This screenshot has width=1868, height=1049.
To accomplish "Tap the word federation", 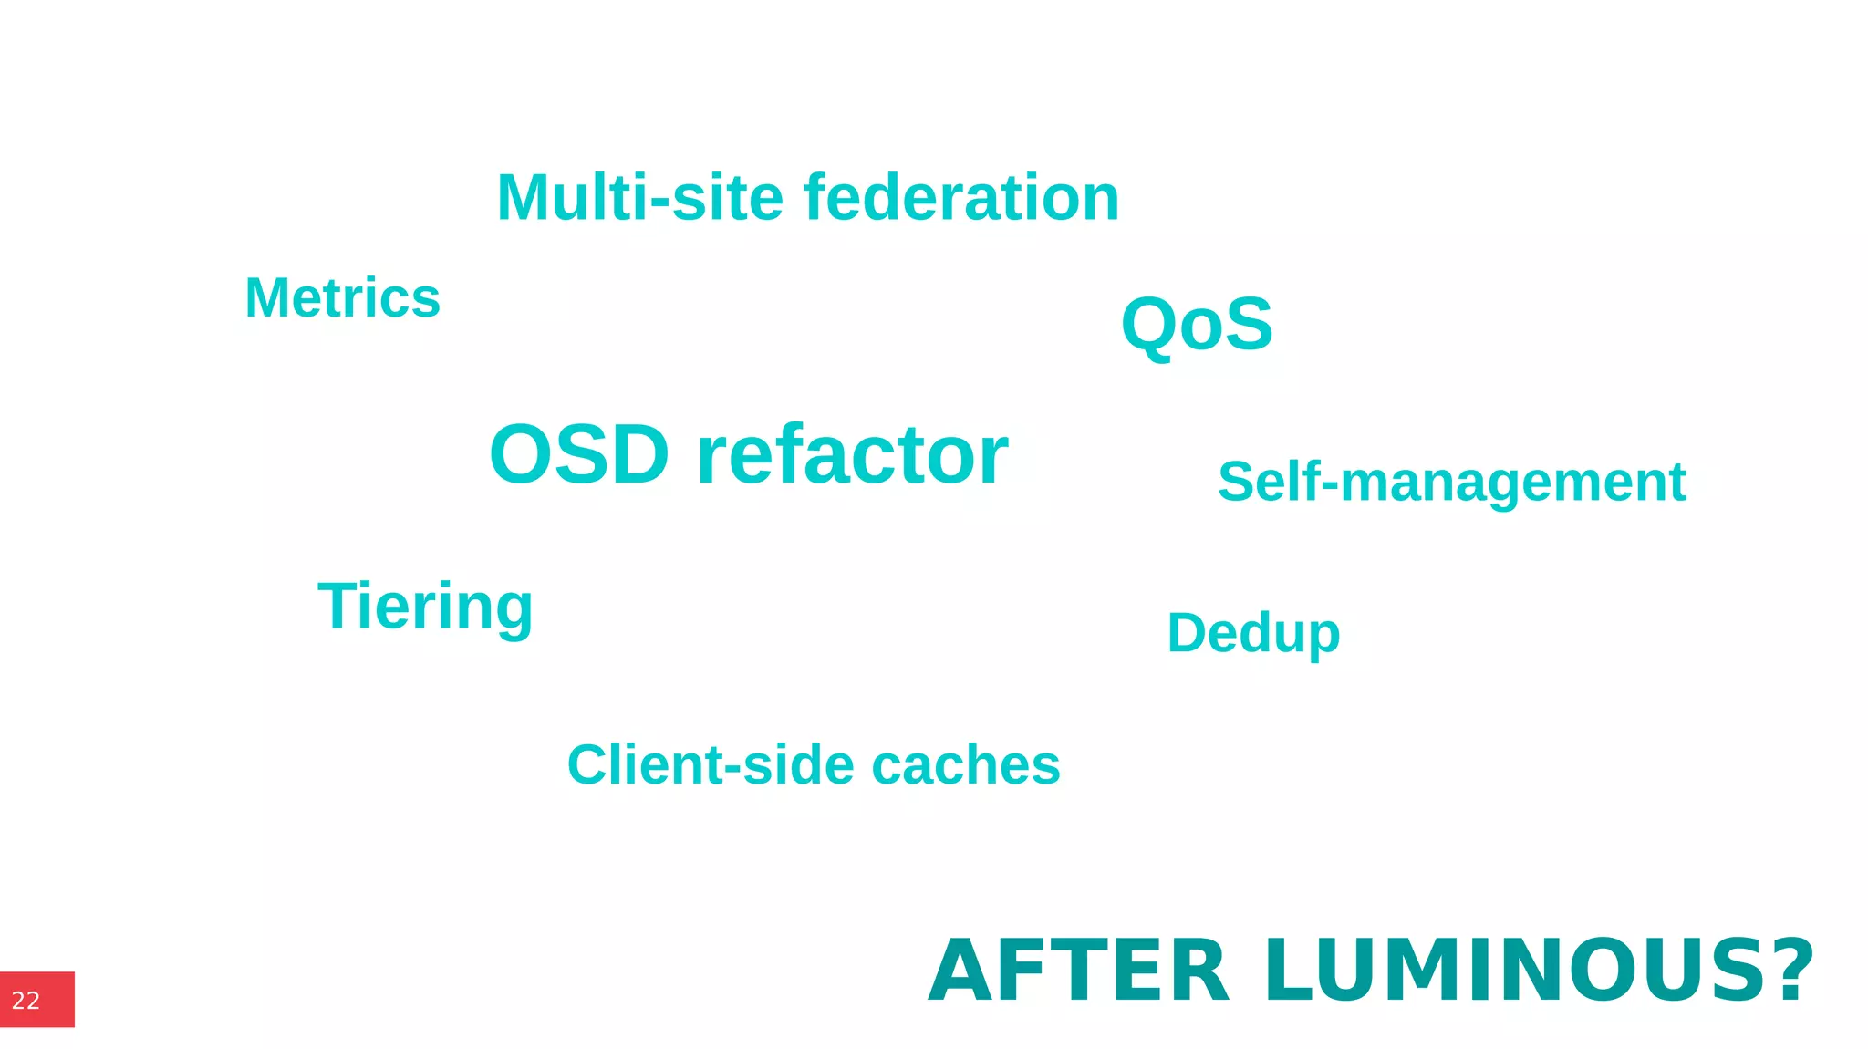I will click(x=961, y=198).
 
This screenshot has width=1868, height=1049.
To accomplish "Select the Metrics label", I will click(x=342, y=298).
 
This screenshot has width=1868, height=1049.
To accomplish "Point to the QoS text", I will click(x=1197, y=325).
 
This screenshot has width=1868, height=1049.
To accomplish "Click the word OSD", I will click(x=579, y=454).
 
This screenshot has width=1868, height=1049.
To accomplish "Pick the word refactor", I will click(x=852, y=454).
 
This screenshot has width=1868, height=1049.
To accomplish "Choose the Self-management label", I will click(x=1451, y=483).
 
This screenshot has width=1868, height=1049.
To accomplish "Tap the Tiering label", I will click(x=425, y=608).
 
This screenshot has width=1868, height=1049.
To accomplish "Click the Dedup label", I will click(x=1253, y=633).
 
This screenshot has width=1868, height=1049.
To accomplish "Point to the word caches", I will click(x=966, y=764).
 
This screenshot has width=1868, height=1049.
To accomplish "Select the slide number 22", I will click(x=26, y=1001).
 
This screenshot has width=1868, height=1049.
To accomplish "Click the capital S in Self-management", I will click(x=1237, y=482).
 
